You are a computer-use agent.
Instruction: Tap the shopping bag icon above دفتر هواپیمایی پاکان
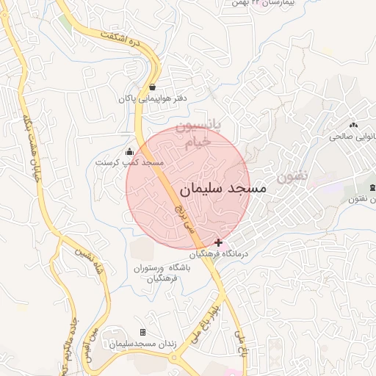point(152,87)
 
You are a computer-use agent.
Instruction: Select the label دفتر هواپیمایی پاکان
point(152,98)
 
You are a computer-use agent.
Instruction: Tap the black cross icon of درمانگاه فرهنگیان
point(218,242)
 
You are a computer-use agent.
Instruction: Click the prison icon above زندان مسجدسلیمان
point(142,333)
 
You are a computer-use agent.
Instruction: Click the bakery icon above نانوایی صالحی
point(353,125)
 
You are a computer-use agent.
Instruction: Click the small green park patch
point(66,22)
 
